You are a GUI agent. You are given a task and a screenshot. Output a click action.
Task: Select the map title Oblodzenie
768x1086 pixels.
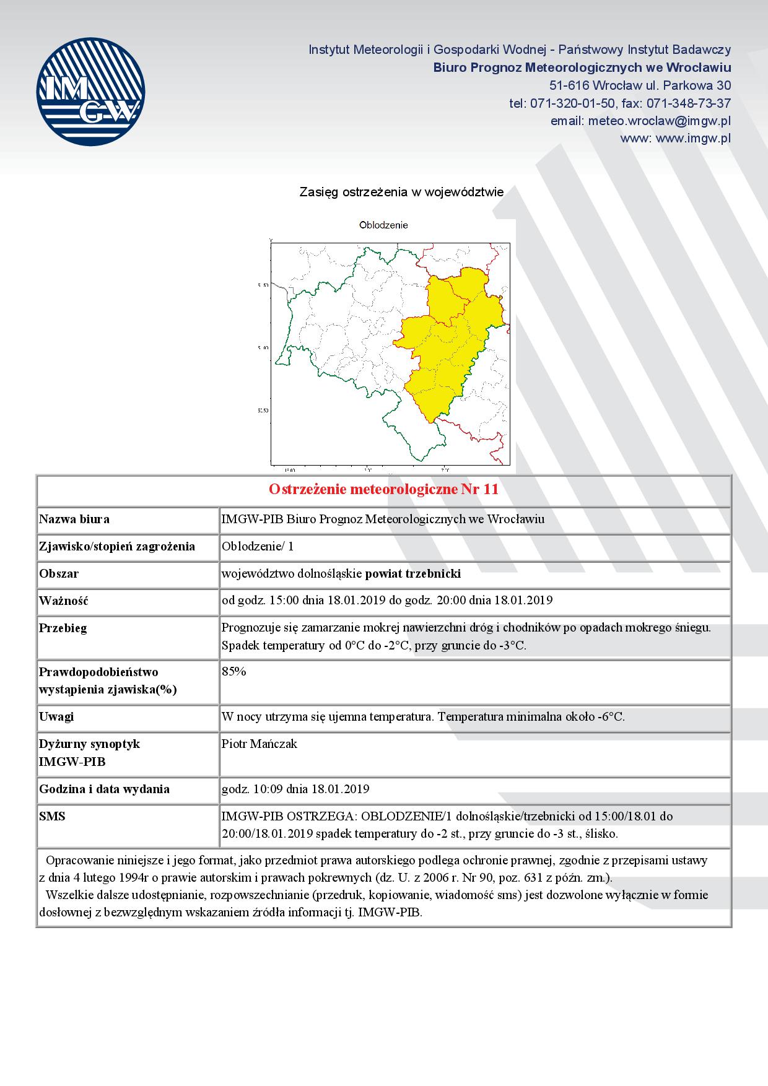[x=383, y=225]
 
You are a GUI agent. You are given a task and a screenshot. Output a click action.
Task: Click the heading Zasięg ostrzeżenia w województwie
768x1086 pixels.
[x=401, y=193]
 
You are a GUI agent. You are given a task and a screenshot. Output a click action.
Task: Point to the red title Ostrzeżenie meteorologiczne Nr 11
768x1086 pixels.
[x=383, y=490]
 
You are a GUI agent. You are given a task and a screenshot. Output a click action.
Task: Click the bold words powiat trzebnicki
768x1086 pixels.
[x=413, y=573]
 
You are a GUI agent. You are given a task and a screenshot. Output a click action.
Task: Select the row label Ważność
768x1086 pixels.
[x=64, y=601]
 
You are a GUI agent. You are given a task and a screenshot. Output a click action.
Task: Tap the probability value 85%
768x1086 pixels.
[x=234, y=672]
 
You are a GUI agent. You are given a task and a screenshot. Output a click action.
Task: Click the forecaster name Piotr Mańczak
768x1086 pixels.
[x=260, y=744]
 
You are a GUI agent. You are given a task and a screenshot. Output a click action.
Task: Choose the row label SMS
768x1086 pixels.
[x=52, y=816]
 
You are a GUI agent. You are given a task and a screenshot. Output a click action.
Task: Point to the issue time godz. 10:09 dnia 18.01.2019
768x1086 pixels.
[x=295, y=789]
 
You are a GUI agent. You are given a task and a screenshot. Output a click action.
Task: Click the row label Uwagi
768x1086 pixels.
[x=56, y=716]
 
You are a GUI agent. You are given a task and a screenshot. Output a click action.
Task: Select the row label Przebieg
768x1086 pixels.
[x=63, y=628]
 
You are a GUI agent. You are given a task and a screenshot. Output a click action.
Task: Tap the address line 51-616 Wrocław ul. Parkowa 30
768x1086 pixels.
[x=640, y=85]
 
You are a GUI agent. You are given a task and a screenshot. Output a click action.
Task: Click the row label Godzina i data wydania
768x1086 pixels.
[x=104, y=789]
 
